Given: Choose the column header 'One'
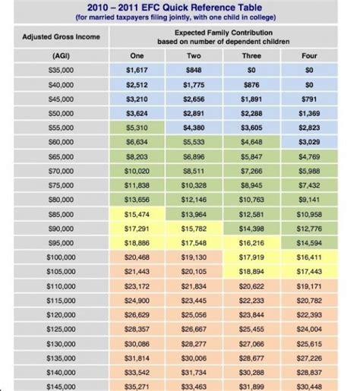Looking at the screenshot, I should click(x=137, y=56).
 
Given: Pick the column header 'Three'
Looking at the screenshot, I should click(x=251, y=56).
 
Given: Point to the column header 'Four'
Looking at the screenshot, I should click(x=308, y=56).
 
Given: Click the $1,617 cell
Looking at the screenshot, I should click(x=138, y=69).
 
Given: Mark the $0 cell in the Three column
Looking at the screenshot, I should click(x=251, y=69).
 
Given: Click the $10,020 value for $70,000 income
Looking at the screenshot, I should click(x=138, y=172).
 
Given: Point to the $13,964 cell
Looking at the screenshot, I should click(x=195, y=216).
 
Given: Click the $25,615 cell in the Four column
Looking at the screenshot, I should click(x=308, y=344).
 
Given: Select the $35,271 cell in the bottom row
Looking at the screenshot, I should click(x=138, y=386).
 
